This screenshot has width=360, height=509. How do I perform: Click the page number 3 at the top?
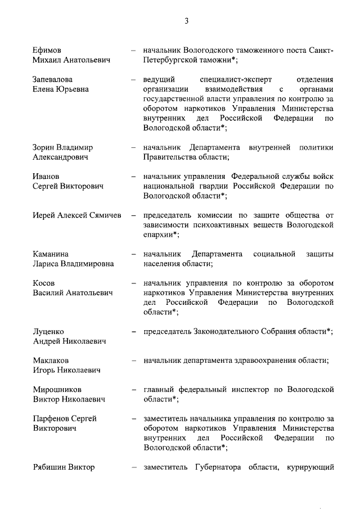pos(186,21)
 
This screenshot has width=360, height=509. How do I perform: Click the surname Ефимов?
pos(47,50)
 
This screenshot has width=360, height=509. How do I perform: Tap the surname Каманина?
pos(51,254)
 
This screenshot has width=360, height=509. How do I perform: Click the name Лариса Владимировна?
pos(73,264)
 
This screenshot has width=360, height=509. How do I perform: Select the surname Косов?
pos(43,283)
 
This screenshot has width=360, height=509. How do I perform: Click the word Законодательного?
pos(226,332)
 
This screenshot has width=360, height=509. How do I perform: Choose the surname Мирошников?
pos(57,390)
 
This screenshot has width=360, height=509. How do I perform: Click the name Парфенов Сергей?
pos(65,419)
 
